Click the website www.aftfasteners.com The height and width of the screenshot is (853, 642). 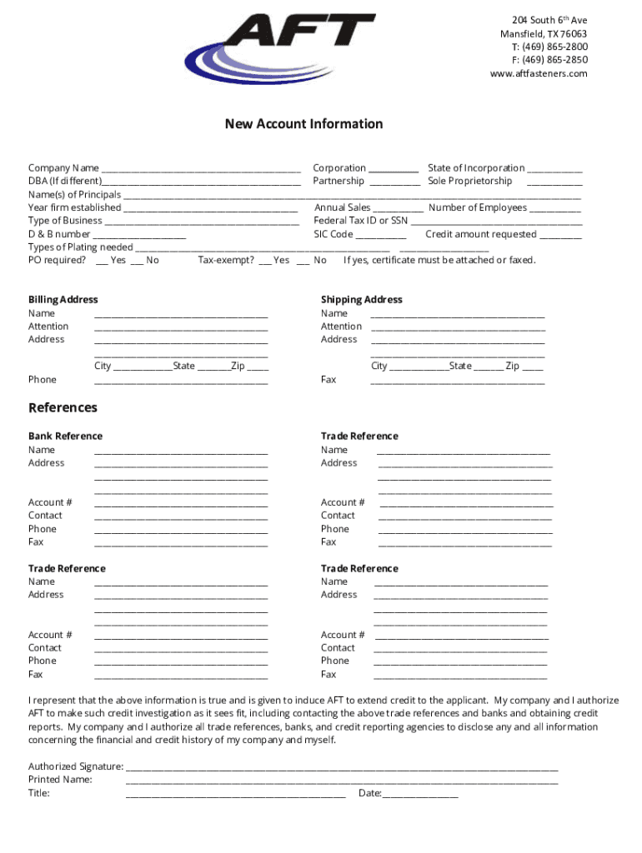tap(539, 73)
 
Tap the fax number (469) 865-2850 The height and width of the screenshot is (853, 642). tap(550, 60)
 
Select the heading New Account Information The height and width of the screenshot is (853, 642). tap(303, 124)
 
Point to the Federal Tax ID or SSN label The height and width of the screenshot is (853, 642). tap(361, 221)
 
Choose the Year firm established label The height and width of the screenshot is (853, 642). tap(74, 207)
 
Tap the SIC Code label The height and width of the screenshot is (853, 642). tap(334, 234)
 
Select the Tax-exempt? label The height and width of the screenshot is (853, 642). tap(226, 261)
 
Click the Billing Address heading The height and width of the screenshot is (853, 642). tap(63, 300)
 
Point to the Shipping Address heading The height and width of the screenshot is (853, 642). tap(361, 300)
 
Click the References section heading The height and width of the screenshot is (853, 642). tap(63, 408)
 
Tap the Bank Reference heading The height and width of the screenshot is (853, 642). tap(65, 436)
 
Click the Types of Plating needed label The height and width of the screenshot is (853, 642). tap(80, 247)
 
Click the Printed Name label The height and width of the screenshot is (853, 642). tap(60, 780)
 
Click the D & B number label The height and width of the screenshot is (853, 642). tap(59, 234)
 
